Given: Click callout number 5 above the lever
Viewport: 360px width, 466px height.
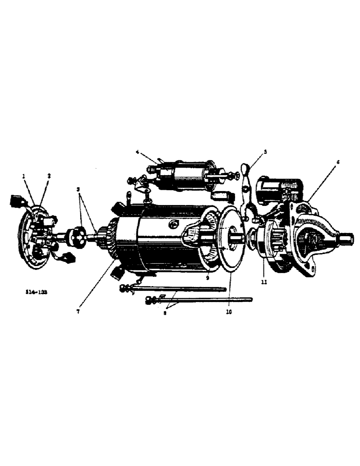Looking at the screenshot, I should pyautogui.click(x=265, y=151).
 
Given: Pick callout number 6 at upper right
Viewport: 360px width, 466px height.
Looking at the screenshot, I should pyautogui.click(x=338, y=162).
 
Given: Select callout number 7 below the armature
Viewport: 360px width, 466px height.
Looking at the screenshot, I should pyautogui.click(x=78, y=312).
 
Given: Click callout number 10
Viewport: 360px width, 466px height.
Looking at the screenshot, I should pyautogui.click(x=228, y=312).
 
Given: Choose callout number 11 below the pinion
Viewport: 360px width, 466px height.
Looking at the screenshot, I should pyautogui.click(x=264, y=282).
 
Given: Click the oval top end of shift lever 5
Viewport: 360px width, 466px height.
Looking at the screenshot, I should pyautogui.click(x=246, y=168).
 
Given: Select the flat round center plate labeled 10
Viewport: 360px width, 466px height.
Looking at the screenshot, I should pyautogui.click(x=229, y=238).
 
